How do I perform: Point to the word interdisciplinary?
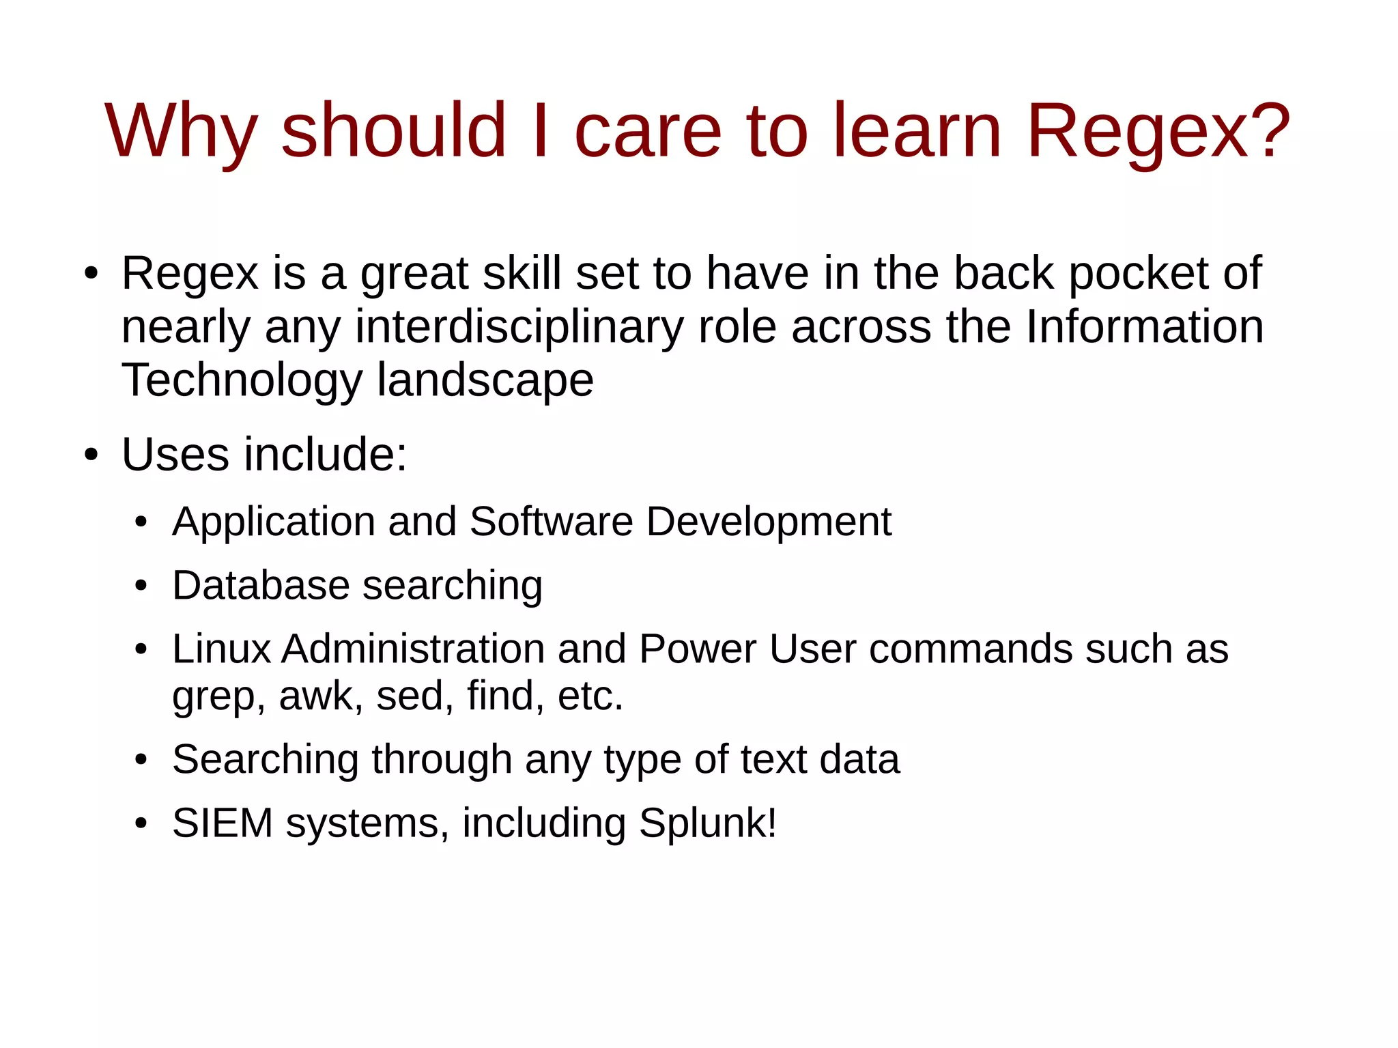(519, 327)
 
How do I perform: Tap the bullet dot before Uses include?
(91, 455)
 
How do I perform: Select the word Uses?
(175, 455)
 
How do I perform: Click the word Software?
(551, 522)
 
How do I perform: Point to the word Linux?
(221, 649)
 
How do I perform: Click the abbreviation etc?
(590, 696)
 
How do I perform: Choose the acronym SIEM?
(223, 823)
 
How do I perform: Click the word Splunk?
(707, 823)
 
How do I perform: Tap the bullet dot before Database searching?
(141, 586)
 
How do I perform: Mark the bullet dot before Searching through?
(141, 760)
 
